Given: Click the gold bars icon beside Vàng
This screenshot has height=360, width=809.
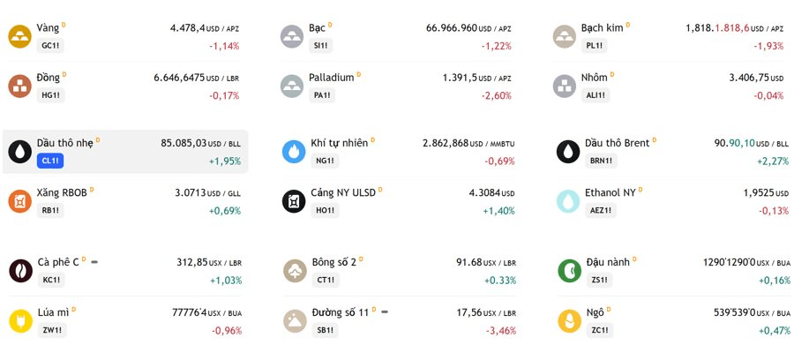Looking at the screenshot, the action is [19, 37].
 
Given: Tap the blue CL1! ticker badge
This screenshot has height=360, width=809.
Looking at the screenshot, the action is [50, 161].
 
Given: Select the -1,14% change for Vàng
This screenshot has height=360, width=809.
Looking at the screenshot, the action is [224, 46].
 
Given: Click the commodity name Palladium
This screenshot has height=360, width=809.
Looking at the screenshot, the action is [331, 78].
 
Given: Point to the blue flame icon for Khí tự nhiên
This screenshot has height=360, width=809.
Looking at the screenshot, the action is [294, 152].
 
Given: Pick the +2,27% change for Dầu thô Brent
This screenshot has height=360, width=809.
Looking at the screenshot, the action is [773, 161].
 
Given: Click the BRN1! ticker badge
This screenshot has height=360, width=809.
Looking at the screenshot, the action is [601, 161].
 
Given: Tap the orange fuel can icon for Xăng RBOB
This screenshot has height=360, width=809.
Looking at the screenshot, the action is [19, 201].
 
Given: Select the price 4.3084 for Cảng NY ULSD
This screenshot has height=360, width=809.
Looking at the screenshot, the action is [484, 193].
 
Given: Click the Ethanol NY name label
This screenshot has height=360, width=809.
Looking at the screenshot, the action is [610, 192].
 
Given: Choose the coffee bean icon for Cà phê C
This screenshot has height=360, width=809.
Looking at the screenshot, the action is [20, 271].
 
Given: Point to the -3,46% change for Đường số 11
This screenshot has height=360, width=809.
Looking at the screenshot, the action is [500, 331].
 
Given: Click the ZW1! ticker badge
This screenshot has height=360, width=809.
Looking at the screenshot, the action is [52, 330].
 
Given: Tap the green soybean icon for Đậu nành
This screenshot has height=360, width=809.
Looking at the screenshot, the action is [570, 271].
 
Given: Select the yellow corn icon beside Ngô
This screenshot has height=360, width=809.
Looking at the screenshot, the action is [570, 321].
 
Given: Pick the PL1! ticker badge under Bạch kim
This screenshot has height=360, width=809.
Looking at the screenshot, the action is [595, 45].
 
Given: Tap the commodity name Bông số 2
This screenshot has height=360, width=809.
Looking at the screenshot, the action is [333, 262].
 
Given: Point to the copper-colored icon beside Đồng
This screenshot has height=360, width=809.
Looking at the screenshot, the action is [19, 86].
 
